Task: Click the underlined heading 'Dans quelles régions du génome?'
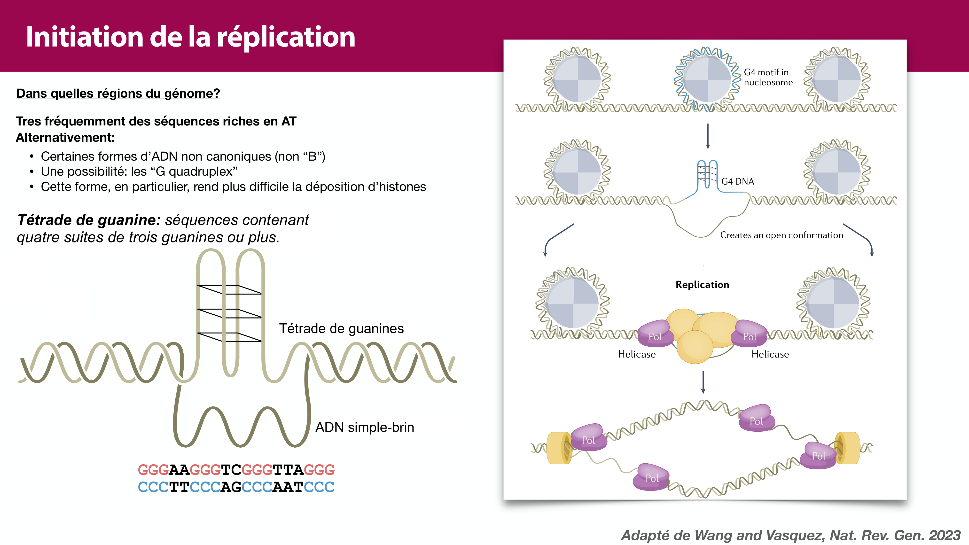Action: click(x=118, y=93)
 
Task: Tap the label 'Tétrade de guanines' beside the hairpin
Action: click(x=341, y=328)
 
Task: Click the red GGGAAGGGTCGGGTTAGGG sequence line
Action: click(x=236, y=470)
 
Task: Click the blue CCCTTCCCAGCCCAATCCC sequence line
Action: click(x=236, y=487)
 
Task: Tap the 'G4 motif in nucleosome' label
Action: click(x=767, y=77)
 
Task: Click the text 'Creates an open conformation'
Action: click(x=781, y=235)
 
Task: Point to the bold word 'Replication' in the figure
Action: click(x=702, y=285)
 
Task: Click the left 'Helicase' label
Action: click(x=636, y=354)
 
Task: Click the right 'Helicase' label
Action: click(x=770, y=354)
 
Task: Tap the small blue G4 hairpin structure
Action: click(x=707, y=174)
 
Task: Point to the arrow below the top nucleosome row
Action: click(x=708, y=136)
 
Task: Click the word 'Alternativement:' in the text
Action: click(x=65, y=138)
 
